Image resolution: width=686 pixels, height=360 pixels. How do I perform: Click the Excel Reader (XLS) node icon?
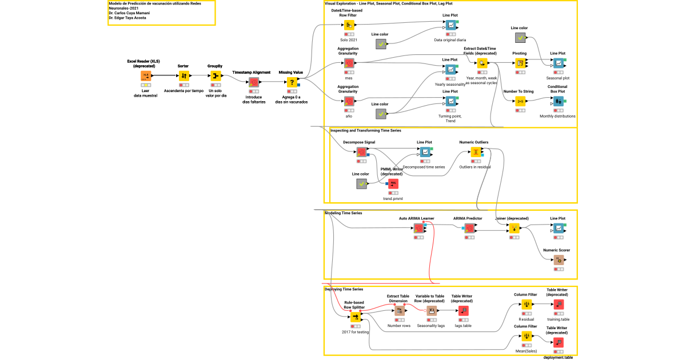(x=146, y=76)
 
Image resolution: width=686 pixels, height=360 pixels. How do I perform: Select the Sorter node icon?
(x=184, y=76)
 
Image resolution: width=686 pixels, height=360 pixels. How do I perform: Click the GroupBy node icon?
(x=215, y=76)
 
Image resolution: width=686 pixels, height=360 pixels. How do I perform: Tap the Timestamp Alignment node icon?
(x=254, y=82)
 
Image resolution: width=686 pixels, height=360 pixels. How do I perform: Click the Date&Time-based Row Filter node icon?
(x=349, y=26)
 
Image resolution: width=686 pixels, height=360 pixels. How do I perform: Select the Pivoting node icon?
(x=520, y=63)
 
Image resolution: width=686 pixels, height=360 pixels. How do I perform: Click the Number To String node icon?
(x=520, y=101)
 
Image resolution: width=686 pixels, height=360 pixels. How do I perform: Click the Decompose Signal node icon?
(x=361, y=151)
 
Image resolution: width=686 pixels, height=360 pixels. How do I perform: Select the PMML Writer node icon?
(x=393, y=183)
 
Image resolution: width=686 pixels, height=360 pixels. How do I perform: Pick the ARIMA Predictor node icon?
(x=469, y=227)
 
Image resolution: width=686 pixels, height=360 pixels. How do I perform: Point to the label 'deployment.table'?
(x=558, y=357)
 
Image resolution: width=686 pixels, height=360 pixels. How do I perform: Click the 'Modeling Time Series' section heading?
(x=344, y=213)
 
